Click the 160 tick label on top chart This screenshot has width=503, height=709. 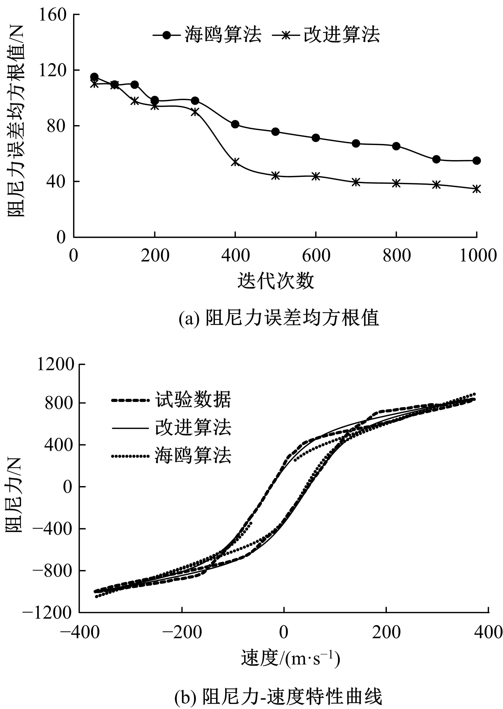coord(53,15)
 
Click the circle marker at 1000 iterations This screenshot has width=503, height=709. coord(477,160)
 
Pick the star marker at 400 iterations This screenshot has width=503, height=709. coord(235,162)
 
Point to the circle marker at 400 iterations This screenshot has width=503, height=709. coord(235,124)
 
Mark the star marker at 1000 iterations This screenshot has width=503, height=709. coord(477,189)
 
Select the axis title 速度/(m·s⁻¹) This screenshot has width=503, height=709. coord(290,659)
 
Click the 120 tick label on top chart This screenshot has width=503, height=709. coord(53,71)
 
